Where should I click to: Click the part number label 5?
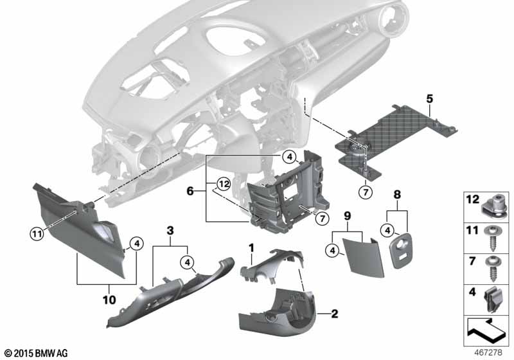pyautogui.click(x=430, y=98)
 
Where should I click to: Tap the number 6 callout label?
pyautogui.click(x=190, y=190)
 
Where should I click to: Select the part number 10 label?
pyautogui.click(x=107, y=300)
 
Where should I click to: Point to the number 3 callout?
pyautogui.click(x=170, y=230)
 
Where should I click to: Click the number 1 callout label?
pyautogui.click(x=252, y=246)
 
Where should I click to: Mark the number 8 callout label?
pyautogui.click(x=396, y=193)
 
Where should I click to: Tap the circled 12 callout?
pyautogui.click(x=222, y=184)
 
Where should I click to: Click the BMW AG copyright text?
pyautogui.click(x=35, y=354)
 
